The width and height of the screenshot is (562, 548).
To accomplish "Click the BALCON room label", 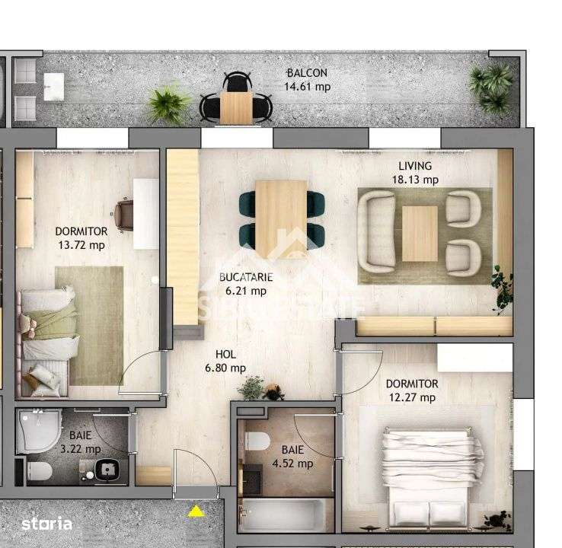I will [x=307, y=73].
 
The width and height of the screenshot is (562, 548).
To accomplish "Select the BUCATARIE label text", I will [x=245, y=277].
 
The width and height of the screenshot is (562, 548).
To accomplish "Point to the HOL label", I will [x=225, y=354].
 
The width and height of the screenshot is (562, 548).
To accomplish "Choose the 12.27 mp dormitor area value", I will [x=410, y=397].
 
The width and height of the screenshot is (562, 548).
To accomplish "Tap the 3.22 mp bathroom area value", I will [x=81, y=449].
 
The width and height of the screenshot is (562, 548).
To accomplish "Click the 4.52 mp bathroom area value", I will [x=293, y=463].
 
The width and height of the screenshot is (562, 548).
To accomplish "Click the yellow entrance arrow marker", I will [x=196, y=511].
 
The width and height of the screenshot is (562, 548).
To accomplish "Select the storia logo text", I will [x=47, y=524].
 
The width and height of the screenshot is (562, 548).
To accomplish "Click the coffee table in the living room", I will [x=420, y=232].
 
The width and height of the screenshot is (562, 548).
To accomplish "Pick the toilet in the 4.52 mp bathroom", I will [x=257, y=442].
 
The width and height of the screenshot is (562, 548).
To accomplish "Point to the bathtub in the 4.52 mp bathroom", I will [x=283, y=516].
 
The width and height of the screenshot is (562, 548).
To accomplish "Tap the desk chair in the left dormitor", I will [x=126, y=212].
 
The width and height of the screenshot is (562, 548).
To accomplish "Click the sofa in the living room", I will [x=376, y=231].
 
